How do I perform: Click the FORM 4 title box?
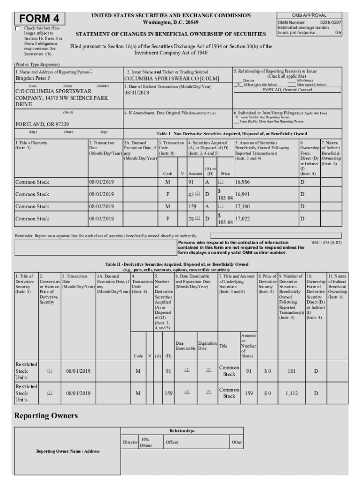40,18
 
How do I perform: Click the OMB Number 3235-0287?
309,22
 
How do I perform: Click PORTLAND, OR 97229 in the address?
42,124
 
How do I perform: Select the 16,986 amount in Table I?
245,181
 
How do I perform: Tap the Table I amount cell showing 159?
192,206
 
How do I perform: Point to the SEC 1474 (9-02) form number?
326,243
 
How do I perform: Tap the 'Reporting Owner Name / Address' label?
67,451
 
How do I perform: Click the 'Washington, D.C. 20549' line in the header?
170,22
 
